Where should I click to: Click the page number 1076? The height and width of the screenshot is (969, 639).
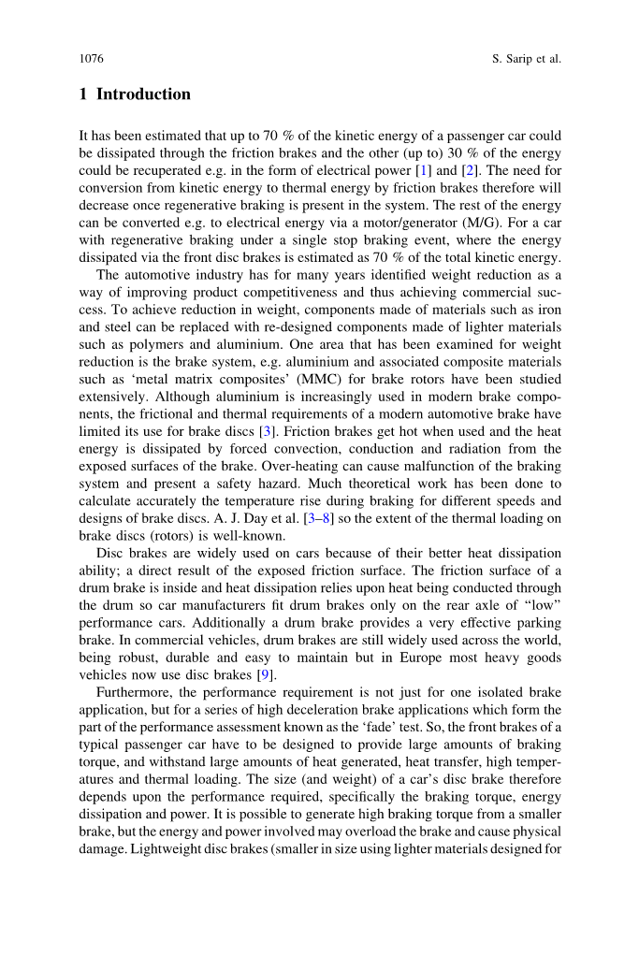(91, 59)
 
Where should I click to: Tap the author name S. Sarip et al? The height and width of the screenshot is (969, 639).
(526, 59)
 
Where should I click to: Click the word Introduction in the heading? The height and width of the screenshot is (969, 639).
(143, 94)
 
